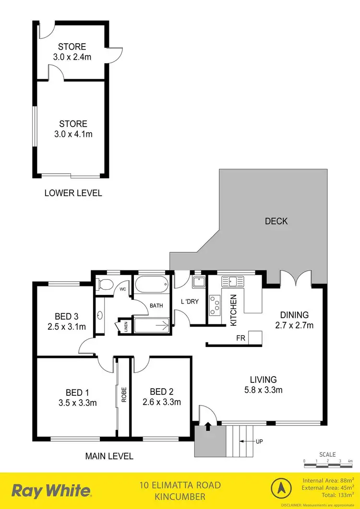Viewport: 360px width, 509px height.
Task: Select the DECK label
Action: coord(276,221)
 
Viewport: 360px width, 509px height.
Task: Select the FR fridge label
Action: coord(241,338)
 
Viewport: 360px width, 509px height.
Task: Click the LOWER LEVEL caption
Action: coord(73,193)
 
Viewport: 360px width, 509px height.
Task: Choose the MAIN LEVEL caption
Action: coord(109,456)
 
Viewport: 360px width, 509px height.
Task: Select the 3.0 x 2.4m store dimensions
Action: coord(72,57)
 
